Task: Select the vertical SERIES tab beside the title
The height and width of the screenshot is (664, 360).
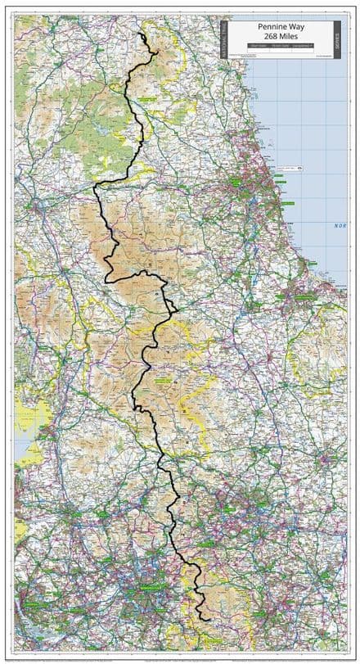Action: click(336, 39)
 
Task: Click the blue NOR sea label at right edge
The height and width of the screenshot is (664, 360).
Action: click(339, 225)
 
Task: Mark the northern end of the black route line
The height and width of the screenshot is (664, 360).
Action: click(141, 34)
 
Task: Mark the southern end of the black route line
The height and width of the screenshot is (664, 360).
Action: click(209, 620)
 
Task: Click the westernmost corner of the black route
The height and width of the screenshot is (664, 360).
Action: click(94, 187)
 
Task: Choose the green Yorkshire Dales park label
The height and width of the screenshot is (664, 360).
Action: click(164, 381)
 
